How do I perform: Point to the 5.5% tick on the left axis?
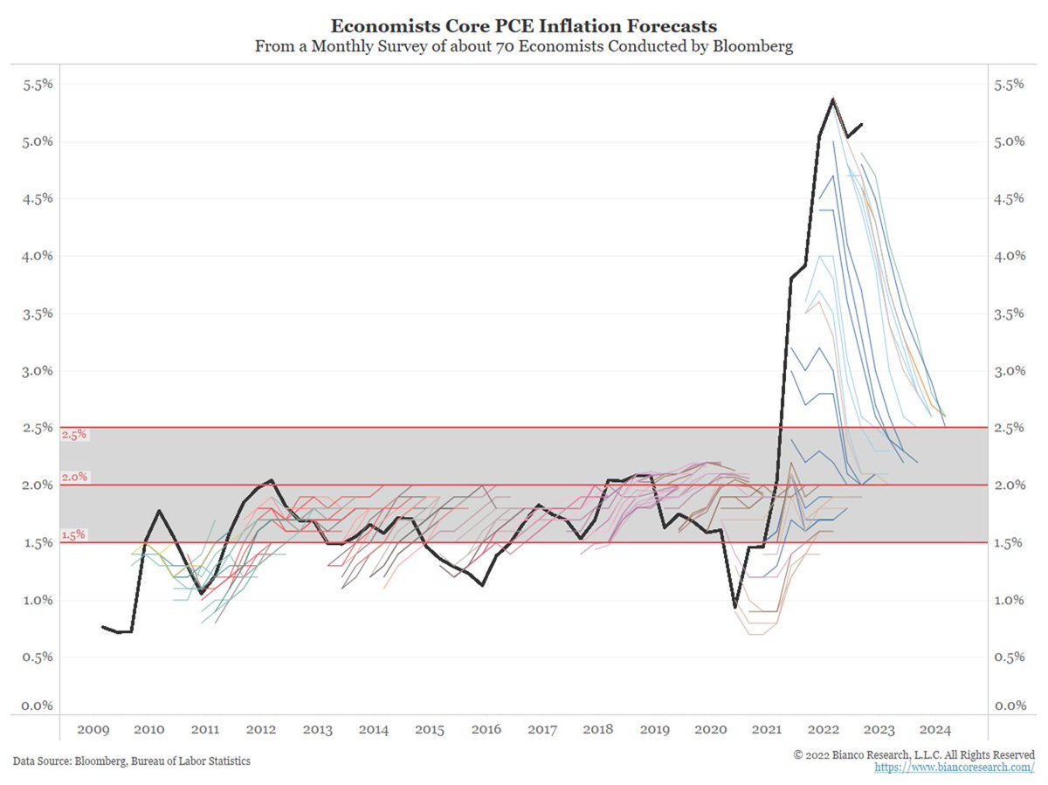pyautogui.click(x=38, y=85)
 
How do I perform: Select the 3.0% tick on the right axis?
pyautogui.click(x=1009, y=370)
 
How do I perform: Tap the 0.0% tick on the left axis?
pyautogui.click(x=38, y=706)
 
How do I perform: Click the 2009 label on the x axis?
pyautogui.click(x=92, y=730)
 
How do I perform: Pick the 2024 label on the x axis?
pyautogui.click(x=936, y=730)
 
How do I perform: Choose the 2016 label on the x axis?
pyautogui.click(x=486, y=730)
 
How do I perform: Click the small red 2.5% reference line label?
pyautogui.click(x=73, y=434)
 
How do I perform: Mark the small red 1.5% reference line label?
pyautogui.click(x=73, y=534)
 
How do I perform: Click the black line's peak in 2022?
pyautogui.click(x=833, y=98)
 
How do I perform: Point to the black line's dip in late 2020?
pyautogui.click(x=735, y=607)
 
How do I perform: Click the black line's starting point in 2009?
pyautogui.click(x=102, y=626)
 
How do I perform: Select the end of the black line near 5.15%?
pyautogui.click(x=862, y=124)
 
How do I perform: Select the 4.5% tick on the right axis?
pyautogui.click(x=1009, y=198)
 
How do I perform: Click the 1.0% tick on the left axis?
pyautogui.click(x=38, y=600)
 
